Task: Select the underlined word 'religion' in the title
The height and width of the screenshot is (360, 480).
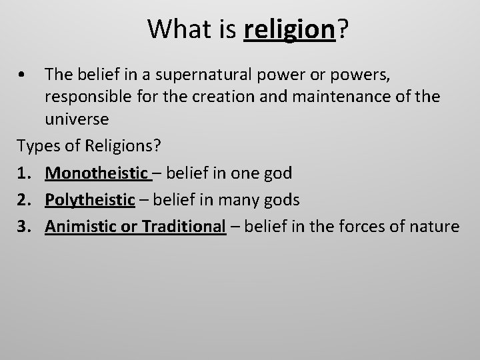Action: [289, 30]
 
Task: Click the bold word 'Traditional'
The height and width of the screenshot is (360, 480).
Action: [183, 226]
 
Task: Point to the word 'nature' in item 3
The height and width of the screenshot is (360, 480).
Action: [435, 226]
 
